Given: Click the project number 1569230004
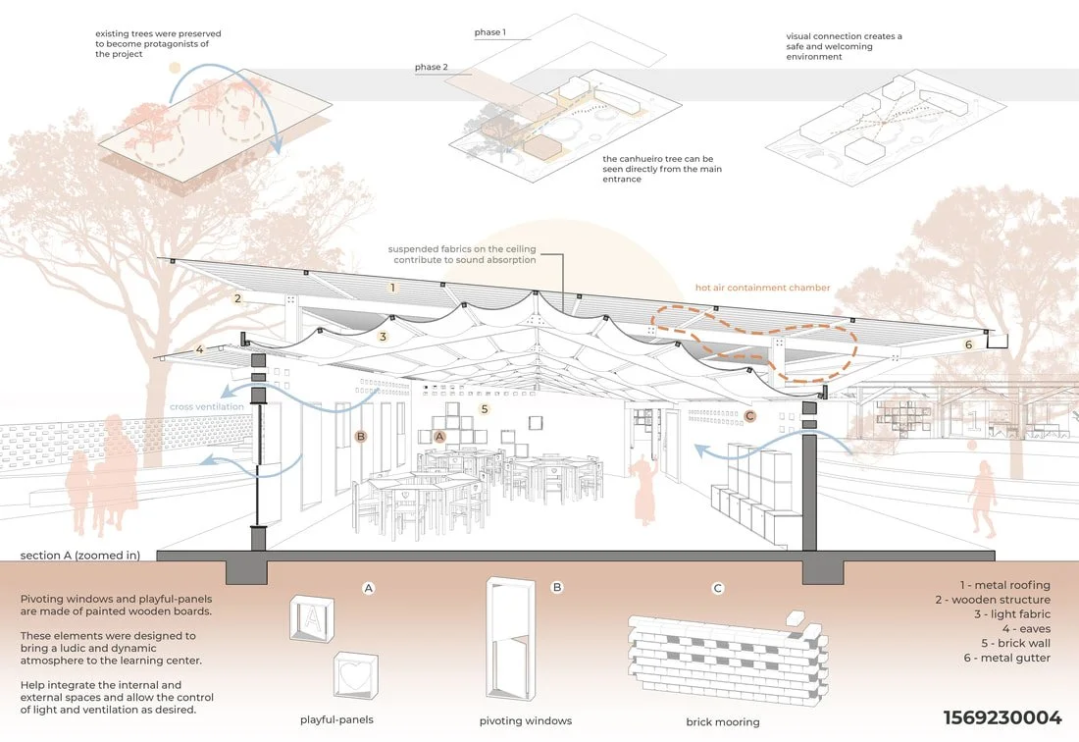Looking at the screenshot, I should [1002, 718].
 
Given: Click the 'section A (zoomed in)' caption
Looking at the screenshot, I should [80, 556].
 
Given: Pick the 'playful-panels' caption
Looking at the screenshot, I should [338, 720].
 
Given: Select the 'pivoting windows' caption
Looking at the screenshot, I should [526, 720].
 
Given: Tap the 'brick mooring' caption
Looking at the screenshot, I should [724, 722].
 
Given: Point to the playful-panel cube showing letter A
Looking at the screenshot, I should [312, 620].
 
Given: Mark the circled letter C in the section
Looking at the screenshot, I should [750, 416].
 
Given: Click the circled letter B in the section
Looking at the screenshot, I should [361, 436].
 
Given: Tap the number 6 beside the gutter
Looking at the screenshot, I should [968, 344].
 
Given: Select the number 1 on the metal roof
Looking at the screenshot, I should [392, 288].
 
